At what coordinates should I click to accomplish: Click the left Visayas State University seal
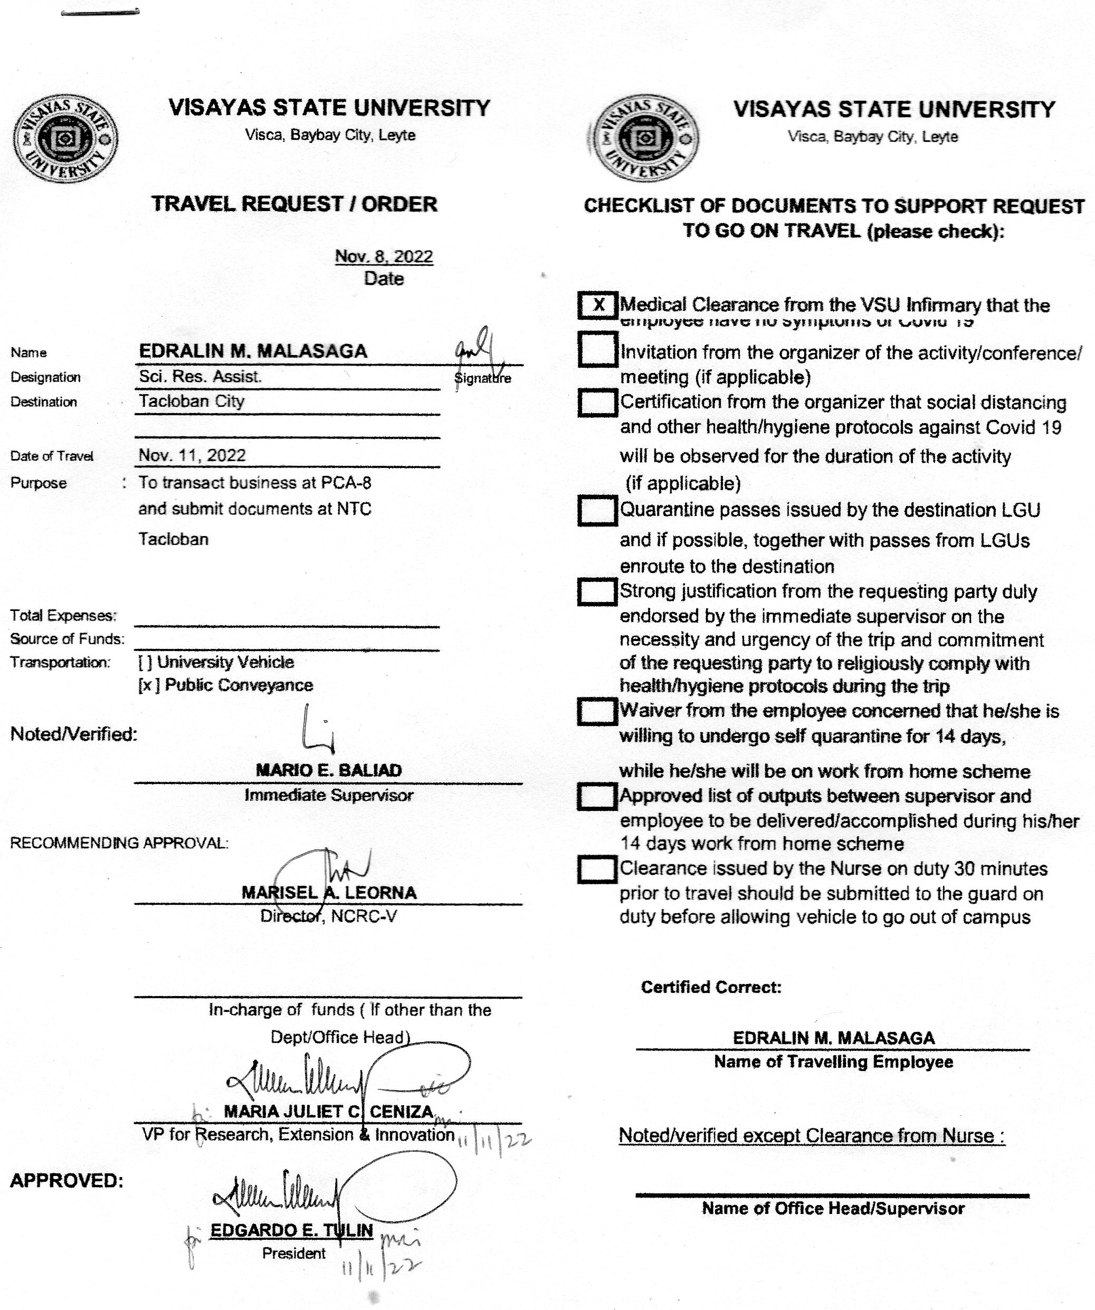point(65,139)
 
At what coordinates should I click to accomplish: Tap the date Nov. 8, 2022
point(384,256)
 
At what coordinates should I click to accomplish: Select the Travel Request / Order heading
point(294,204)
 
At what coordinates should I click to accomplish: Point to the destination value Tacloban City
point(192,400)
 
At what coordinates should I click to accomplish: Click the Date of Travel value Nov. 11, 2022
point(192,455)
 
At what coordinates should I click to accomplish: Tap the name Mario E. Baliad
point(329,770)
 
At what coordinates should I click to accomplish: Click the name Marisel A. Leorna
point(329,893)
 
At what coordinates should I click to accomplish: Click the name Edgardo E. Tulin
point(291,1230)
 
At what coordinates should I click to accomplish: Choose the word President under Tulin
point(294,1253)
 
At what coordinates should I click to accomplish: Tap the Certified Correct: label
point(711,987)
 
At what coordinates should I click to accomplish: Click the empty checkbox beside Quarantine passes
point(597,511)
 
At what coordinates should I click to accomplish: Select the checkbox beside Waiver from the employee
point(597,712)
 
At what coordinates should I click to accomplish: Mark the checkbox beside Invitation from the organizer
point(597,350)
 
